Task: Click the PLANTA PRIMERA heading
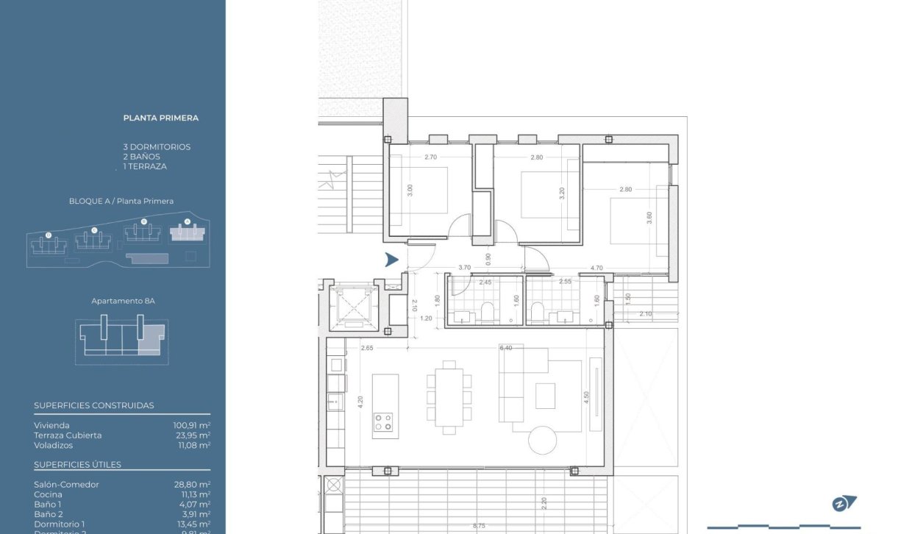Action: [x=160, y=118]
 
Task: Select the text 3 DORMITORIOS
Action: [x=157, y=147]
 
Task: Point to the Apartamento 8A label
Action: [x=123, y=301]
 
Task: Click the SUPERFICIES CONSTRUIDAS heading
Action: [x=94, y=405]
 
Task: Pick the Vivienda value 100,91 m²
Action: [x=191, y=425]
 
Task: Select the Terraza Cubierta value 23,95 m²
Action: [x=193, y=435]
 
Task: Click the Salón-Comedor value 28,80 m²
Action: [x=193, y=485]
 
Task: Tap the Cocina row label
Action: [x=47, y=495]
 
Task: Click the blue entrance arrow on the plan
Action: [x=392, y=259]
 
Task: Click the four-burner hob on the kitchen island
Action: [x=384, y=422]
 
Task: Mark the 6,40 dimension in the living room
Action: [x=505, y=348]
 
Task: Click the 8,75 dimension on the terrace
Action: [x=479, y=525]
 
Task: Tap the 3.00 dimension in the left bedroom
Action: [x=410, y=189]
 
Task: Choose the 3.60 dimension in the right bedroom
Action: [x=649, y=218]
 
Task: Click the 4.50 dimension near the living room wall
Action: [x=586, y=396]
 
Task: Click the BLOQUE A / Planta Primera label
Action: [x=121, y=201]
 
